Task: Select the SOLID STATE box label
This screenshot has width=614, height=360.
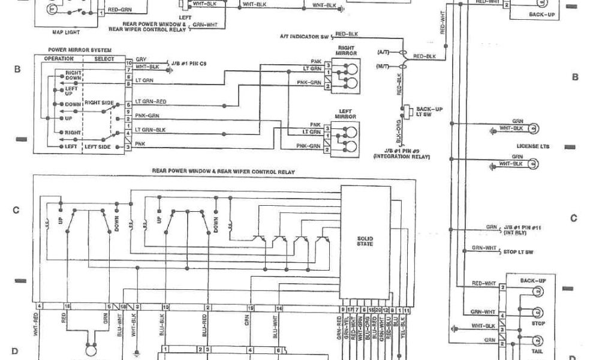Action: coord(365,241)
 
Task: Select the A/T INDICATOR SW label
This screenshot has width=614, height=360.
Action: coord(304,37)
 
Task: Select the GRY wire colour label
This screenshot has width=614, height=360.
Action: coord(141,59)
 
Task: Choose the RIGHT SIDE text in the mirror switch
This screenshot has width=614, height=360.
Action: coord(99,103)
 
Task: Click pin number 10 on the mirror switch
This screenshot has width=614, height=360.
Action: coord(128,62)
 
